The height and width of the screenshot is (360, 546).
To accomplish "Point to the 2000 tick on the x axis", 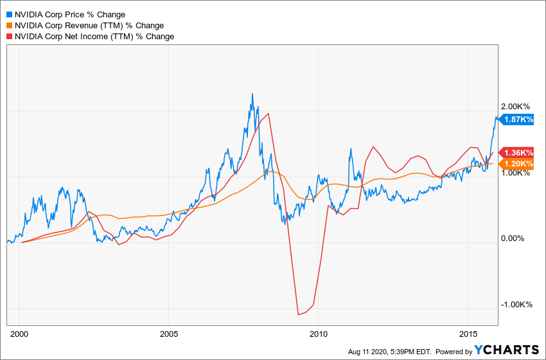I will [x=19, y=334].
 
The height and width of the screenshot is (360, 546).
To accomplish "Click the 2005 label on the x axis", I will [x=169, y=334].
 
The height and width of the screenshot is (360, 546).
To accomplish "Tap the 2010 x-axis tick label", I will [x=319, y=334].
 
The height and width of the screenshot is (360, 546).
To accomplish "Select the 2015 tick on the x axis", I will [x=468, y=334].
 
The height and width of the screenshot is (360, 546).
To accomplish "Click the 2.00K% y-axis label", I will [x=517, y=106].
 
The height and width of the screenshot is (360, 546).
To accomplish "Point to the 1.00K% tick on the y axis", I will [x=517, y=172].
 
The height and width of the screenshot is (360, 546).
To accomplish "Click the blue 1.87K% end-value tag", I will [x=517, y=119].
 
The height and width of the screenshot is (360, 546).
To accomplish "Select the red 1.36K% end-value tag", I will [x=517, y=152].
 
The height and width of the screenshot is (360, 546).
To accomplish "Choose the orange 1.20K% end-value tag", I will [x=517, y=163].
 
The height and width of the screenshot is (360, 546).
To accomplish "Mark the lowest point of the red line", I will [x=298, y=314].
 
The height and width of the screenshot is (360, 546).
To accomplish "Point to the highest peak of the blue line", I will [x=252, y=94].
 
